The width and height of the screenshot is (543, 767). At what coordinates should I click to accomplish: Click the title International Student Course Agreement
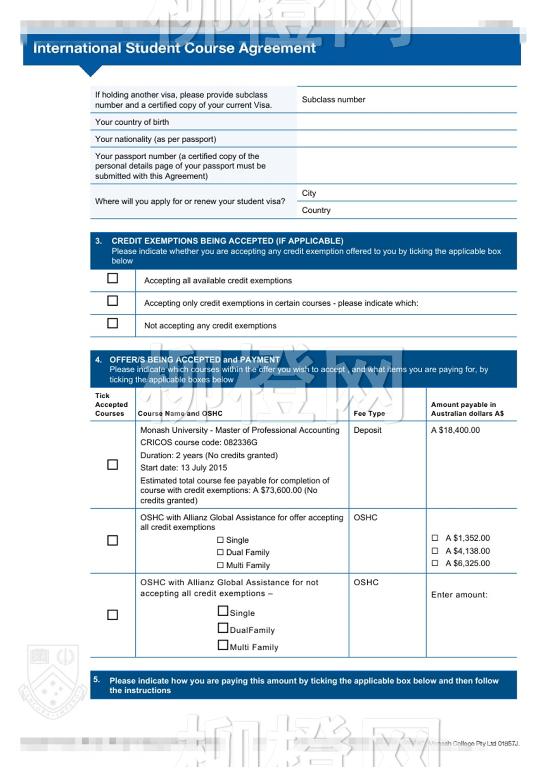click(174, 48)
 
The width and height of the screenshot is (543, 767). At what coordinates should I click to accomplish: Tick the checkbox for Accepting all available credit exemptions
click(112, 278)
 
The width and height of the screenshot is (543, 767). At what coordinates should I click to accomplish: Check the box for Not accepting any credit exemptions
click(112, 323)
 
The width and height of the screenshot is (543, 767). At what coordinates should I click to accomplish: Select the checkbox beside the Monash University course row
click(112, 464)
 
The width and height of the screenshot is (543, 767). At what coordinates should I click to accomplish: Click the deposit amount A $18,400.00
click(455, 430)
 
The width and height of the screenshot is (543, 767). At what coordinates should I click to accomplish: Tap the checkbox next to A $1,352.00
click(435, 538)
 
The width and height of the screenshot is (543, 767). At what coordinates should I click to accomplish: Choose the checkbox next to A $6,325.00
click(435, 563)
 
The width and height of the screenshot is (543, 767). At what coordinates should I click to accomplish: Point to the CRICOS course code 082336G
click(199, 442)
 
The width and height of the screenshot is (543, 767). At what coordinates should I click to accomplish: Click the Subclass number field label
click(334, 100)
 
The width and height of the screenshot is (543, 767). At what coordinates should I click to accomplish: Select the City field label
click(309, 193)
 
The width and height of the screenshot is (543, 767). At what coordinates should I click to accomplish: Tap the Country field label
click(316, 210)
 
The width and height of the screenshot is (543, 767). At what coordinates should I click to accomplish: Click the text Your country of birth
click(132, 122)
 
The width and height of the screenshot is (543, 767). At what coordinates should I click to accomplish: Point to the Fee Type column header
click(369, 413)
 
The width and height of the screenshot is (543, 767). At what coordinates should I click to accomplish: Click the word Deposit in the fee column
click(367, 430)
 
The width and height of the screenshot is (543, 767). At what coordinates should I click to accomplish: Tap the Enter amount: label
click(459, 595)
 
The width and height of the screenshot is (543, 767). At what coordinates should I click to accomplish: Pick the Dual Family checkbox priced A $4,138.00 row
click(220, 552)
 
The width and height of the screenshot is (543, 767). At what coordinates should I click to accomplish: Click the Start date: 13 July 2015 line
click(183, 468)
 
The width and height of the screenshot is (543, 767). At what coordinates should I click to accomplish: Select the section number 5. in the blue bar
click(97, 679)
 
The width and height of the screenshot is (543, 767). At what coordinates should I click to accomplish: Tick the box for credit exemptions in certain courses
click(112, 301)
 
